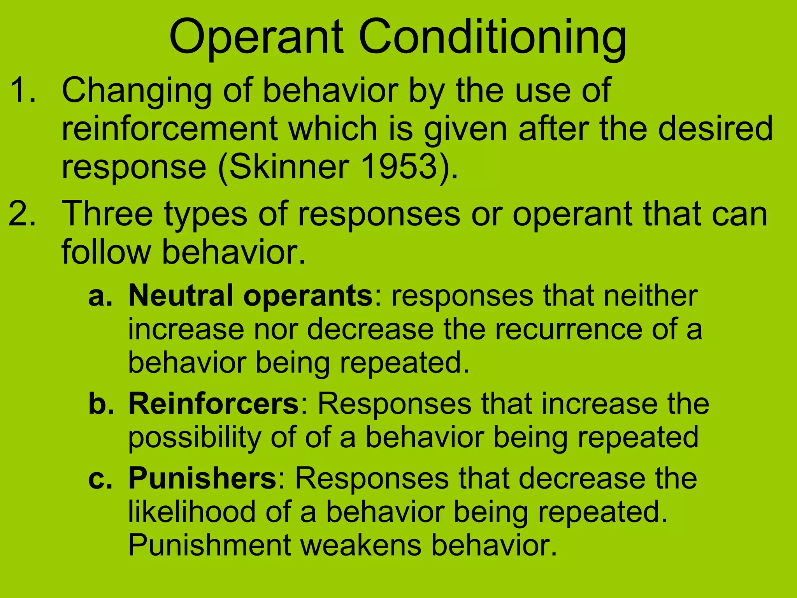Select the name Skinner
coord(288,167)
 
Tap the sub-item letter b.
coord(101,403)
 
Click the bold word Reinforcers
coord(214,403)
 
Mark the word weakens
coord(361,545)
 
